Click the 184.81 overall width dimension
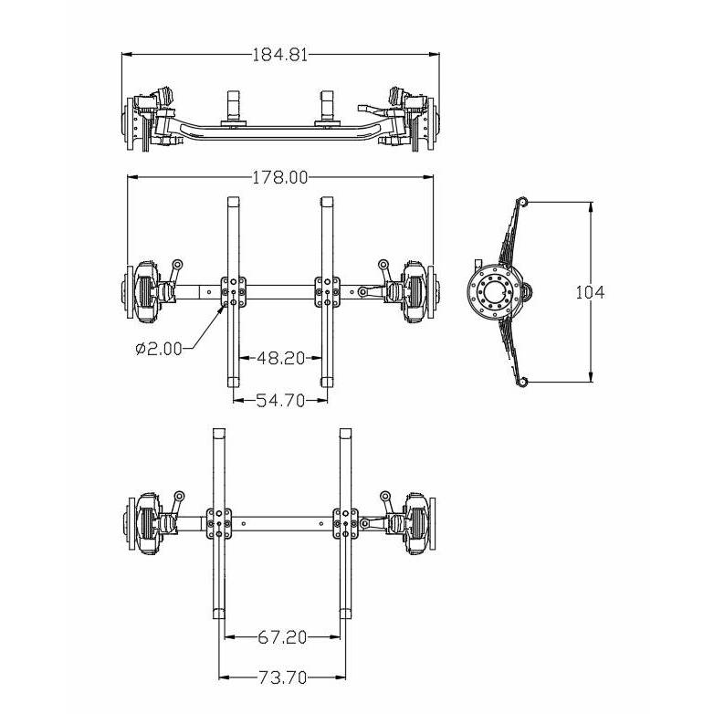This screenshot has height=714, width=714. click(279, 54)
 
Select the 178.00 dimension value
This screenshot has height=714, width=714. click(280, 178)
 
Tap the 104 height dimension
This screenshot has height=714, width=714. click(591, 292)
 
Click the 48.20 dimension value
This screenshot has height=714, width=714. click(280, 359)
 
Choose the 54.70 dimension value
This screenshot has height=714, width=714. click(280, 401)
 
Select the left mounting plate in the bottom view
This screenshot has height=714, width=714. click(218, 524)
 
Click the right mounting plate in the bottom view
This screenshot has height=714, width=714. click(345, 524)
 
